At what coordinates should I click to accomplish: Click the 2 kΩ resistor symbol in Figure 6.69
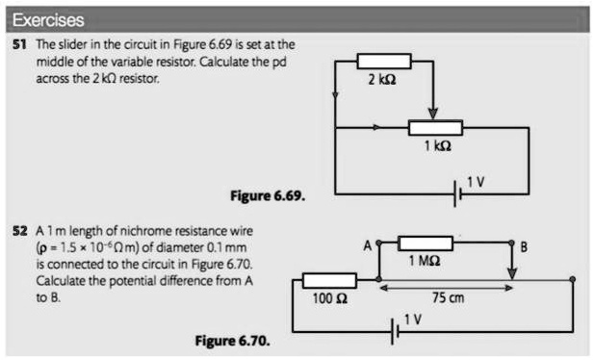click(x=383, y=61)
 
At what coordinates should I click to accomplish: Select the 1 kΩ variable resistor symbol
click(x=435, y=127)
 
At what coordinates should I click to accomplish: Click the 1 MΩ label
click(x=425, y=263)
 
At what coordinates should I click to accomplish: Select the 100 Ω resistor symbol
click(x=329, y=279)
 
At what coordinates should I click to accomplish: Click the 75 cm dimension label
click(x=449, y=298)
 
